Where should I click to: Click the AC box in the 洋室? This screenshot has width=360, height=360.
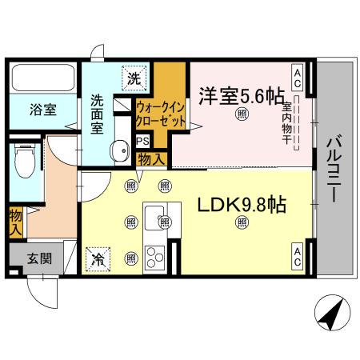coord(297,78)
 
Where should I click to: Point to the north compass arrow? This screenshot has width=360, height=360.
coord(333,312)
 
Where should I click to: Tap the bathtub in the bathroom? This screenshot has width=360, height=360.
coord(44,79)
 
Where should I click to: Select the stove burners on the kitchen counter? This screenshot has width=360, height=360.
coord(154,258)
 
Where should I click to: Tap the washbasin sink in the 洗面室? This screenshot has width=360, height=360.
coord(121,150)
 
